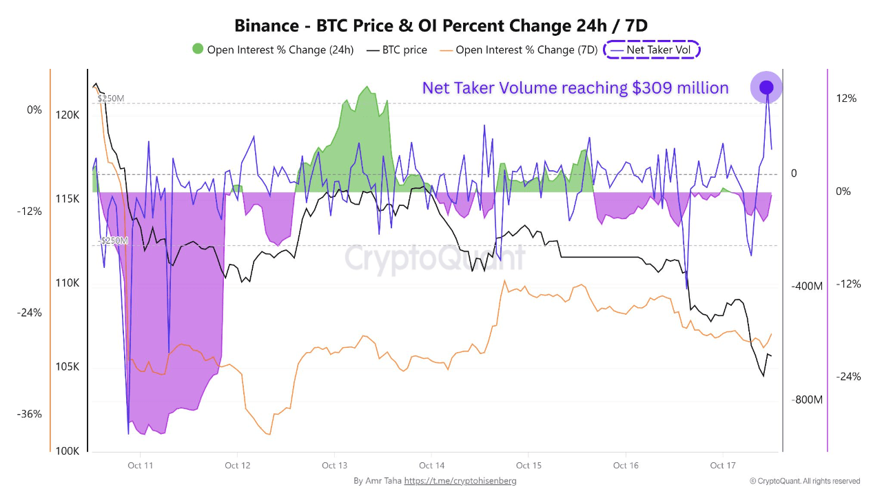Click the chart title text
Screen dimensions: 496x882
point(441,25)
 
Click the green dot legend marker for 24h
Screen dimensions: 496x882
point(198,50)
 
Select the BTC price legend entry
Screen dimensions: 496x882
point(397,50)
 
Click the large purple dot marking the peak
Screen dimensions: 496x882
point(766,87)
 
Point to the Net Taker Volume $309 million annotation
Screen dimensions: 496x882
point(575,88)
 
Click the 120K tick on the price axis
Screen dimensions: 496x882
point(68,115)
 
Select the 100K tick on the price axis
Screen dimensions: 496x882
point(68,451)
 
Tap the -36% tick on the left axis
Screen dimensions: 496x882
point(30,414)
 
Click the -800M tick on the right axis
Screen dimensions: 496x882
point(807,400)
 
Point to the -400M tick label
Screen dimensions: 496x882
point(807,286)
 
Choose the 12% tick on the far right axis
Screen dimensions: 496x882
point(846,99)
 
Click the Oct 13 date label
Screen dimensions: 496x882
point(334,466)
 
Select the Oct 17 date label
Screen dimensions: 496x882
point(723,466)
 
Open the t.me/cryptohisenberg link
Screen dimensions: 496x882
point(460,481)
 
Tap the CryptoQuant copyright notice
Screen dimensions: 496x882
point(804,481)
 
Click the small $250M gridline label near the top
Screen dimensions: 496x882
point(110,99)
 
